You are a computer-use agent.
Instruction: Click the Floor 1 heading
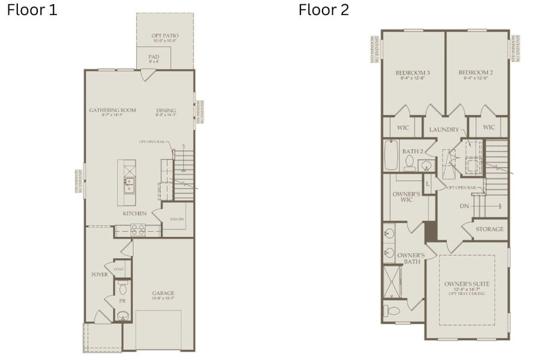(32, 10)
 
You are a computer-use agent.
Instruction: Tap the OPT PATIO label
(164, 36)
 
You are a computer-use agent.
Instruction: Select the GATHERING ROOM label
(112, 110)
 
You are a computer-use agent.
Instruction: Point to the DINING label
(166, 110)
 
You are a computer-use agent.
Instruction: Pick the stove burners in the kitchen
(137, 229)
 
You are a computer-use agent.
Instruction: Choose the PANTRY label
(177, 219)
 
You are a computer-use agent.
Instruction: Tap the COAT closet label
(119, 269)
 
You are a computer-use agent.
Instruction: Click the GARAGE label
(163, 293)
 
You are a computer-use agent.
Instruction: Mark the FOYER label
(100, 275)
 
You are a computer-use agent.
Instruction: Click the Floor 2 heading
(324, 10)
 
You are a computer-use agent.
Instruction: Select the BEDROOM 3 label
(413, 73)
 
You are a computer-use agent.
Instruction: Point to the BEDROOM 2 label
(476, 73)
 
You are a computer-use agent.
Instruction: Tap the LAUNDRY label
(444, 130)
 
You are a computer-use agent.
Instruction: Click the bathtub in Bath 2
(391, 155)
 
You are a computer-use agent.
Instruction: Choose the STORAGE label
(490, 229)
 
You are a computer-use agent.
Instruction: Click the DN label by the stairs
(464, 206)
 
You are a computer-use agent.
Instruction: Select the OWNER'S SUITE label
(467, 283)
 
